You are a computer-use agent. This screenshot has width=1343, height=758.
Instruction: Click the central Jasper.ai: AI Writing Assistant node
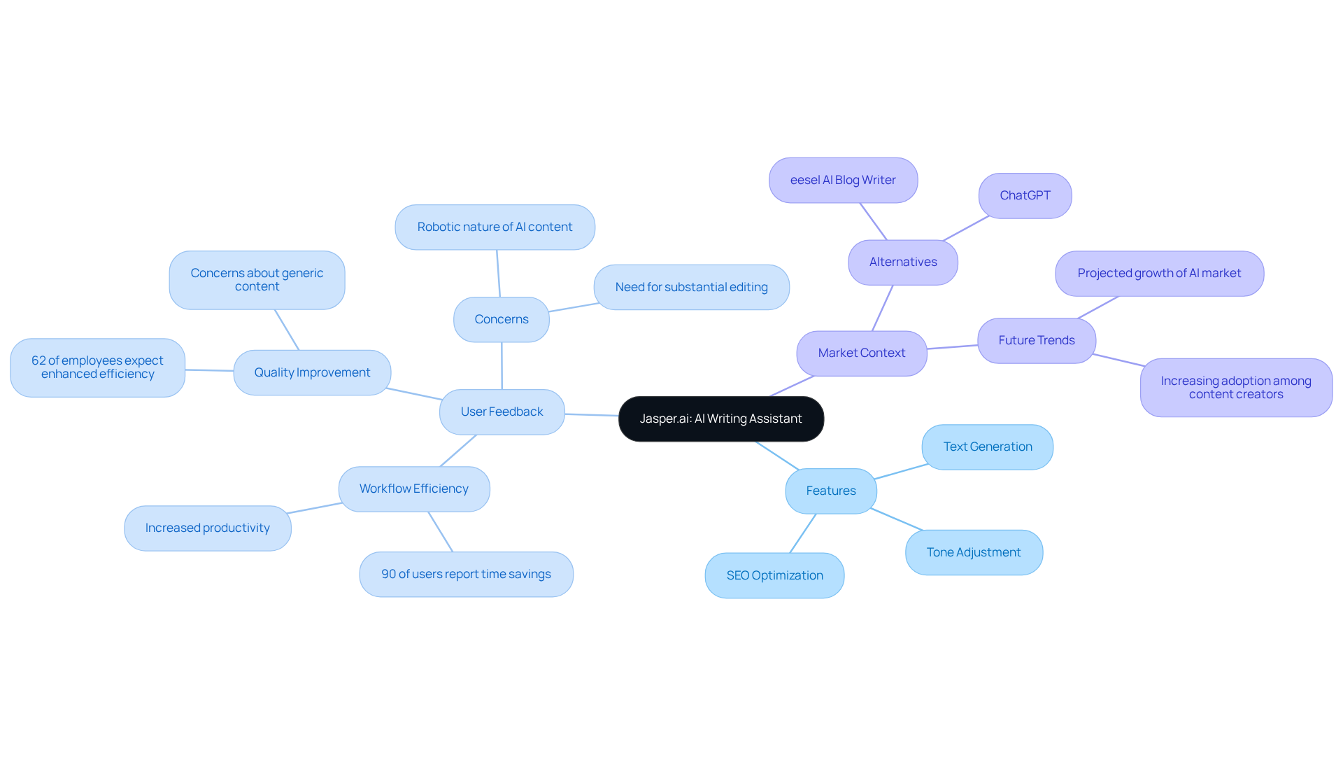coord(720,419)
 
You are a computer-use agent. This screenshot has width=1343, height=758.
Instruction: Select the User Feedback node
coord(502,412)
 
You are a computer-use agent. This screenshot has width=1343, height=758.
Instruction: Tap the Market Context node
coord(861,353)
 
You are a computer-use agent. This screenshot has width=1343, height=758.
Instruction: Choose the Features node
coord(830,491)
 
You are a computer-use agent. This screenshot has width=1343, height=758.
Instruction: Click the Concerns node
coord(501,319)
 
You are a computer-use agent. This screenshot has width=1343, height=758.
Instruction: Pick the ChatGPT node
coord(1025,195)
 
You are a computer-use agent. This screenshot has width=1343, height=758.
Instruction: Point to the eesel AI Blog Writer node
coord(843,180)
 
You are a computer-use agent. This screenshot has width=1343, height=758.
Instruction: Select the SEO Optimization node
coord(774,575)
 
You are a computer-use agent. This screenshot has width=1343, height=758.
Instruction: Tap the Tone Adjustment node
coord(973,552)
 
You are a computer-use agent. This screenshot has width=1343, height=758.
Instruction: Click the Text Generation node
coord(987,447)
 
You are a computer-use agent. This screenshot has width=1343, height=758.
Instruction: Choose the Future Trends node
coord(1036,340)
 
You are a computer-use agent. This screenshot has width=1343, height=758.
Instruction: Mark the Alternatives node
coord(902,262)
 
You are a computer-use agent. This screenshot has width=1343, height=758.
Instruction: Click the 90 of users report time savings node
coord(466,574)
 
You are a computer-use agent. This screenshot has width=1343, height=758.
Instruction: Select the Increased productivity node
coord(207,528)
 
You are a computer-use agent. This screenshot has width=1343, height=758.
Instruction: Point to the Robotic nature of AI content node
coord(495,227)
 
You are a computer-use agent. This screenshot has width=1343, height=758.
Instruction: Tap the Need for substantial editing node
coord(691,287)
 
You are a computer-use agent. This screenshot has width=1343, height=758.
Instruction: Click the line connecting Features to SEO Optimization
coord(803,533)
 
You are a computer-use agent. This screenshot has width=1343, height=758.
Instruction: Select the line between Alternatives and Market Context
coord(883,308)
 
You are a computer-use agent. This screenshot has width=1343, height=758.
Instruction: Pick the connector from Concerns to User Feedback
coord(502,365)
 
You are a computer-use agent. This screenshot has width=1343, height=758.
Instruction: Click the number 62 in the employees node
coord(38,360)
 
